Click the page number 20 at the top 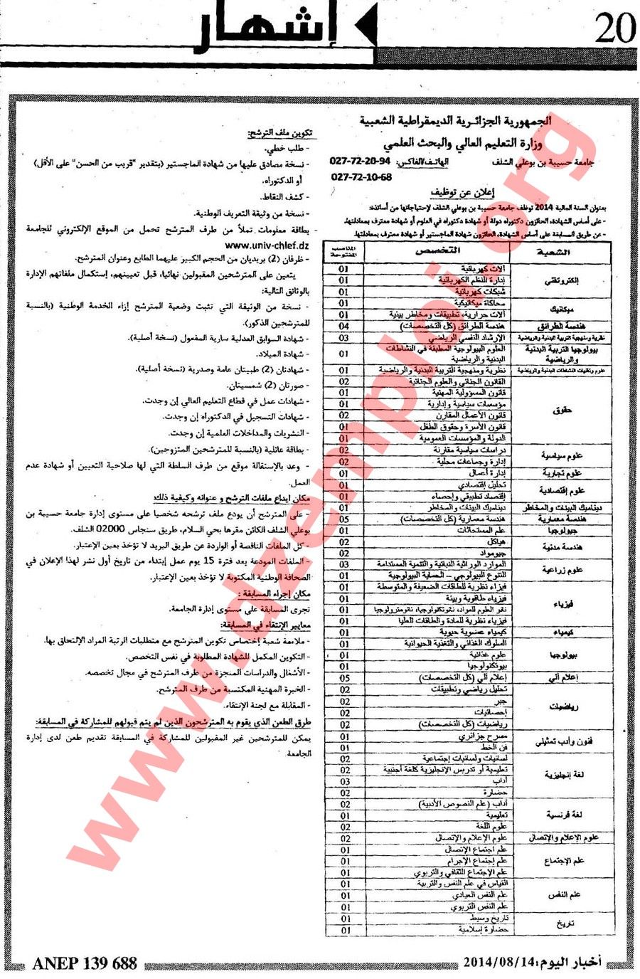(x=614, y=31)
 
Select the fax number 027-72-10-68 (x=361, y=177)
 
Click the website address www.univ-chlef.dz (x=268, y=244)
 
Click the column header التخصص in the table (x=437, y=250)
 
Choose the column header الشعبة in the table (x=560, y=252)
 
